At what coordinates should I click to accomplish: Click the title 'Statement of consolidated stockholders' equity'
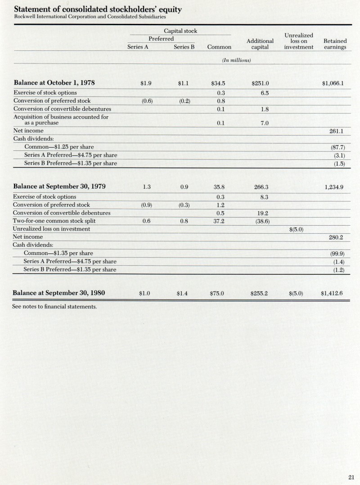98,9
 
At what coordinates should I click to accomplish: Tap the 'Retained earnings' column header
335,44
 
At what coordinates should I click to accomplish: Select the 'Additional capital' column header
260,44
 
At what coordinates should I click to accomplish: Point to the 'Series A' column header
138,47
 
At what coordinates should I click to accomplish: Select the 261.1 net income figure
337,131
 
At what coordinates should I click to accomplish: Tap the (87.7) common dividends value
337,147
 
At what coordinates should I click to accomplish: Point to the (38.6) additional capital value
261,221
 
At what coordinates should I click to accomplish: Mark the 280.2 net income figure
337,237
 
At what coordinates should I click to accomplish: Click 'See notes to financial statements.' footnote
54,307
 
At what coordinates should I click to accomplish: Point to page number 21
351,478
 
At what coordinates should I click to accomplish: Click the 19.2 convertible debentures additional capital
260,213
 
